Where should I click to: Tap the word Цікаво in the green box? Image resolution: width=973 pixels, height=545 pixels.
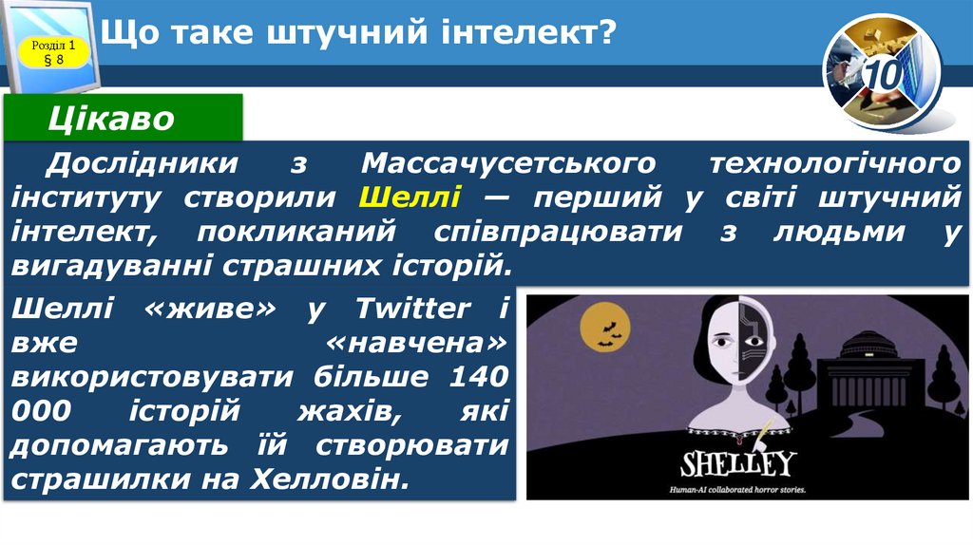[x=112, y=120]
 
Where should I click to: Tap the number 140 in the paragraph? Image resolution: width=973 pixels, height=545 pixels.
[x=476, y=376]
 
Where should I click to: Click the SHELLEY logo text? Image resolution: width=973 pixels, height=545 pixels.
[x=737, y=463]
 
